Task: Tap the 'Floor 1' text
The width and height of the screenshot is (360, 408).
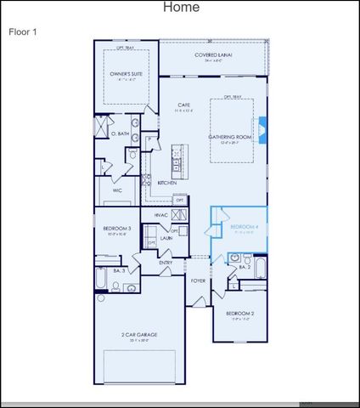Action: [x=22, y=31]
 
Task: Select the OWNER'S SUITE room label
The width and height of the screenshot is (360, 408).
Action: [x=125, y=74]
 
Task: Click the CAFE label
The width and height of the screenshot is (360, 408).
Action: [x=183, y=105]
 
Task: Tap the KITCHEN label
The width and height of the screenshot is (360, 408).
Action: [x=166, y=183]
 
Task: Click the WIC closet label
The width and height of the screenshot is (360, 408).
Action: [x=117, y=190]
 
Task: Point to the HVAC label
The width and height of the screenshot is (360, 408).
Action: [x=161, y=216]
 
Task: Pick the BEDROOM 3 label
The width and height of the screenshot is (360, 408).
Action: [x=117, y=229]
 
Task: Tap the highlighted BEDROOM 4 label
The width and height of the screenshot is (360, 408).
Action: [x=244, y=227]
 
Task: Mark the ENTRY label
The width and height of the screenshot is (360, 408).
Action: [x=165, y=263]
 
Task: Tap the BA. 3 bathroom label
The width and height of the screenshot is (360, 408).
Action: [x=119, y=269]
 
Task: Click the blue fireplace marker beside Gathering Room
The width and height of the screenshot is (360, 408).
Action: [x=262, y=128]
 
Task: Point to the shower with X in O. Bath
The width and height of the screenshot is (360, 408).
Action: [x=100, y=127]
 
